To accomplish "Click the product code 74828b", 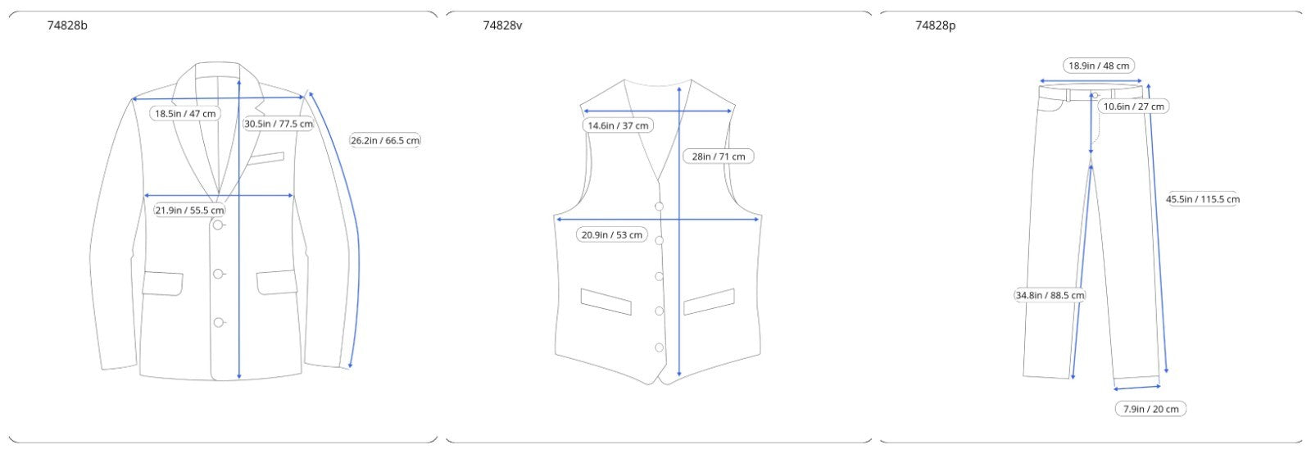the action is [x=67, y=25].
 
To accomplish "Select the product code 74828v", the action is [x=502, y=25].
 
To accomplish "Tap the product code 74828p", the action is [x=935, y=25].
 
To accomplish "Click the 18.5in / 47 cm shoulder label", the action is [x=185, y=113].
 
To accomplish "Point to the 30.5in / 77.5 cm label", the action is [x=279, y=124].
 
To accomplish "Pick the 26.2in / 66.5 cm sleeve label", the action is [x=385, y=140].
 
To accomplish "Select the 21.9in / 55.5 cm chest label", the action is [x=189, y=210].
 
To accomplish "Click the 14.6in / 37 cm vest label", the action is [x=618, y=125].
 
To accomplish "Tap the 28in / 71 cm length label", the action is [x=718, y=157].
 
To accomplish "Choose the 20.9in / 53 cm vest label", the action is [x=611, y=234].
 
